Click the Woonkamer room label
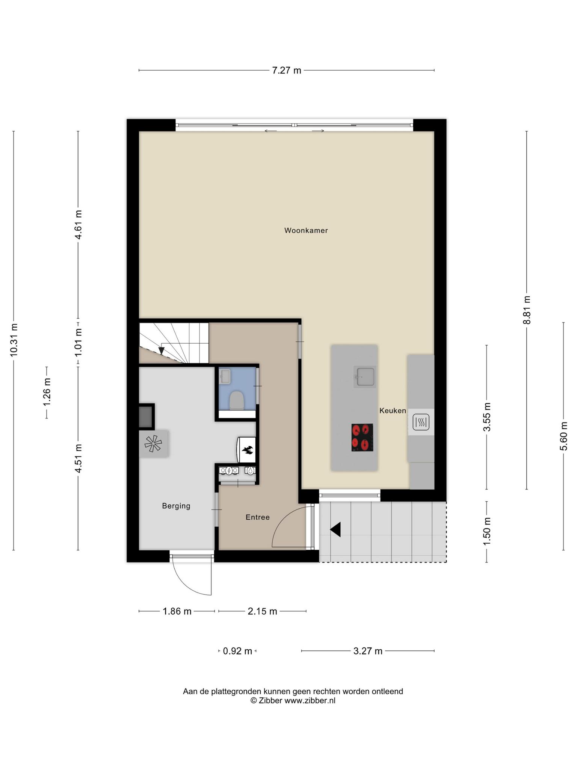(x=306, y=230)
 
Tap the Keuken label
(x=393, y=411)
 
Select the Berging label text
(x=176, y=506)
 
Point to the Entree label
(x=258, y=517)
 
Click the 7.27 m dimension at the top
(x=287, y=70)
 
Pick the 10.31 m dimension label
(x=14, y=340)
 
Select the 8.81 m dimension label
(x=527, y=310)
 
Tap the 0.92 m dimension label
(x=237, y=651)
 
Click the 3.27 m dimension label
(x=368, y=651)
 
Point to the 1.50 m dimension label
(x=487, y=532)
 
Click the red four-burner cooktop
(x=362, y=437)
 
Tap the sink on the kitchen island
(x=365, y=376)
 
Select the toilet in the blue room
(x=237, y=400)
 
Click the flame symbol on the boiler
(x=247, y=449)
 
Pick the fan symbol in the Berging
(x=153, y=444)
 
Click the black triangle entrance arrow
(x=335, y=529)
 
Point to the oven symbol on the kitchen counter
(x=421, y=422)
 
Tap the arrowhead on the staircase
(x=162, y=350)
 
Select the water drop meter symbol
(x=250, y=470)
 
